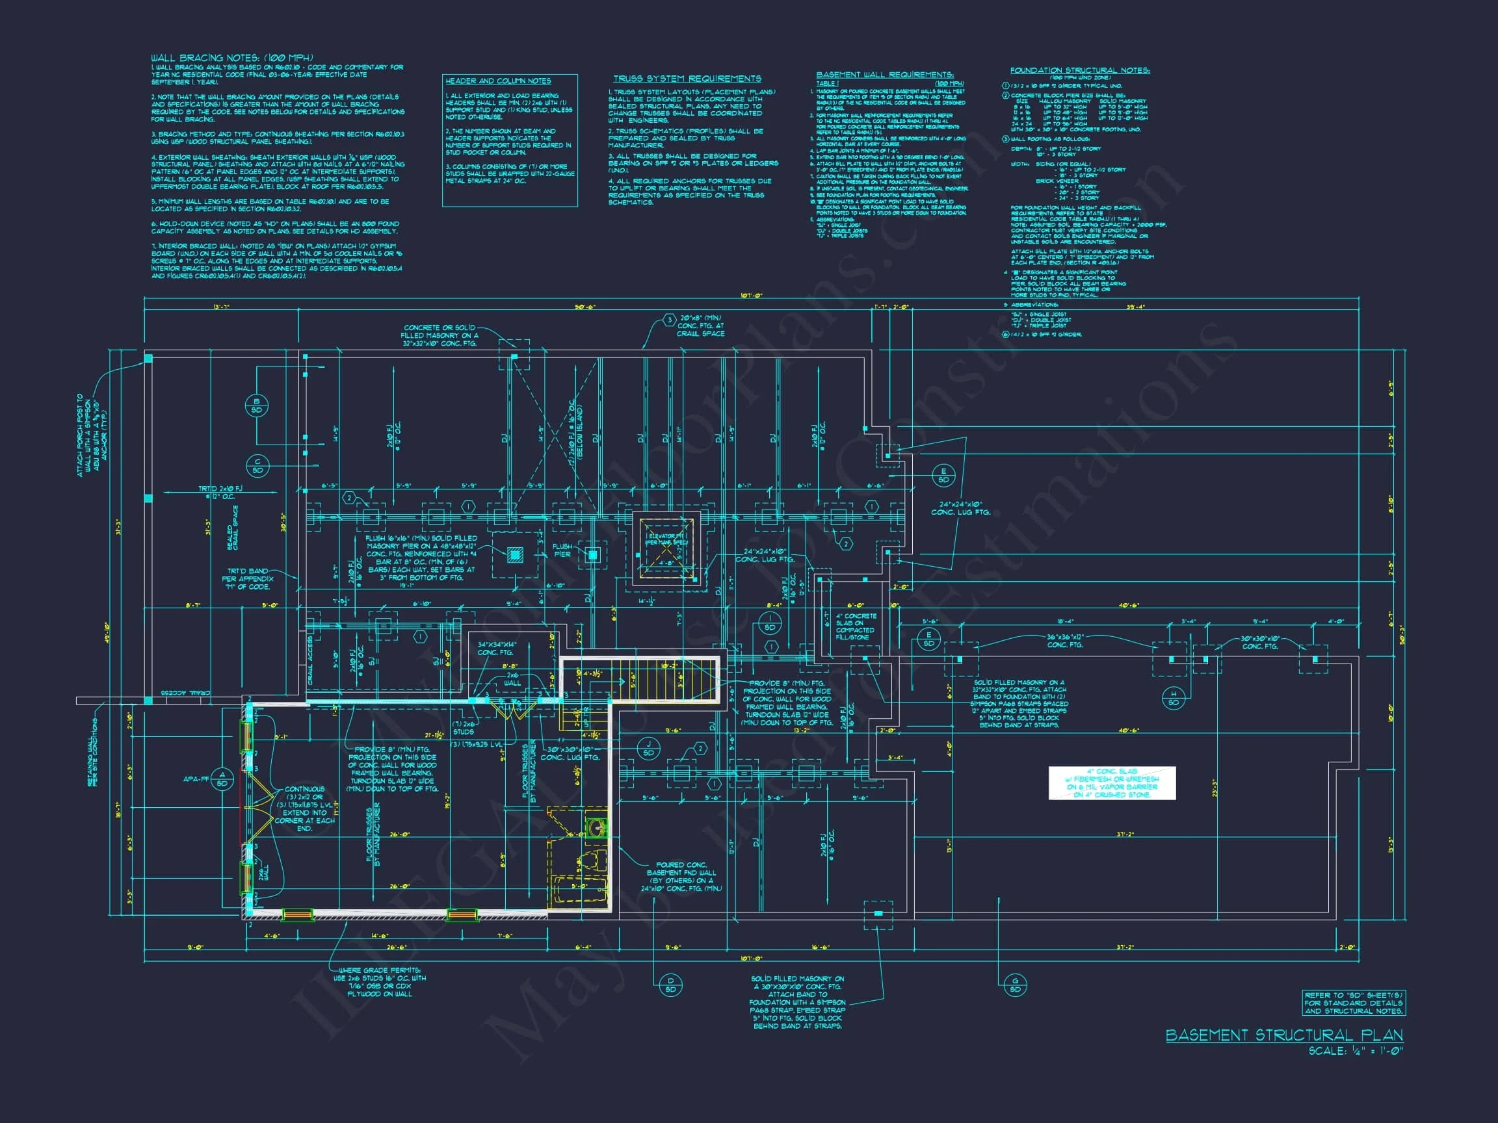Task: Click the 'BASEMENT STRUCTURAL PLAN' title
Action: coord(1284,1035)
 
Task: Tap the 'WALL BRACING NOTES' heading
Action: coord(231,58)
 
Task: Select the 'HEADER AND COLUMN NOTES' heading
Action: coord(498,81)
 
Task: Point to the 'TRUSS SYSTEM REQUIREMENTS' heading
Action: coord(687,79)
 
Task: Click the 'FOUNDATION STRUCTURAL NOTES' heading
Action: coord(1079,70)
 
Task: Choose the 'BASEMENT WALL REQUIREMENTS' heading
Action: coord(884,75)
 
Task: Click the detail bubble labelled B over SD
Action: coord(257,406)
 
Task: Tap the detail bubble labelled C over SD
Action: coord(257,466)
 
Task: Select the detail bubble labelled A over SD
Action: coord(222,779)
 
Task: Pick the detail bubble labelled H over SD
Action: coord(1174,698)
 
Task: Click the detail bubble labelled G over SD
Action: coord(1015,985)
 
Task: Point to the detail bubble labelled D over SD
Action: coord(670,985)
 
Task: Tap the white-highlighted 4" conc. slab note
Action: coord(1112,783)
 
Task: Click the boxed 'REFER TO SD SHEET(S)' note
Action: coord(1353,1003)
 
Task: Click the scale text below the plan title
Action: coord(1355,1052)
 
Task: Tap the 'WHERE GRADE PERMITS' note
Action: coord(379,981)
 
